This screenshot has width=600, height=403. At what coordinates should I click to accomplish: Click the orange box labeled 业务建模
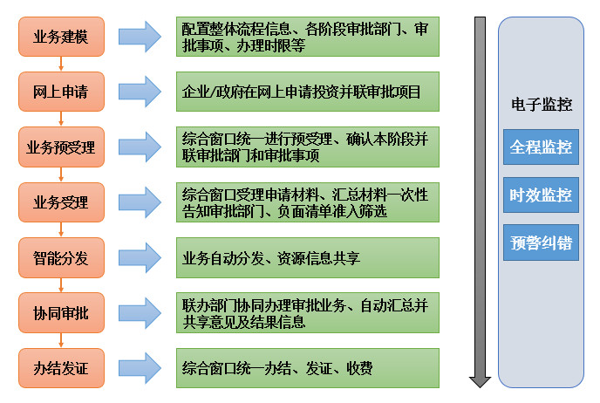[x=61, y=37]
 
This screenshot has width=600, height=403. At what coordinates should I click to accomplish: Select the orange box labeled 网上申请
[x=61, y=90]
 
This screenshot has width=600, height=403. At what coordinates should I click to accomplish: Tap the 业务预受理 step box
[x=61, y=146]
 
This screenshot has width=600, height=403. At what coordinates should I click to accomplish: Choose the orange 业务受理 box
[x=61, y=202]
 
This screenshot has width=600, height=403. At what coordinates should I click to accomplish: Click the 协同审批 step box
[x=61, y=311]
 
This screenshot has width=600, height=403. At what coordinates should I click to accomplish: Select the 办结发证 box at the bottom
[x=61, y=367]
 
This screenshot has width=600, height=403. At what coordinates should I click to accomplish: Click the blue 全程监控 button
[x=541, y=146]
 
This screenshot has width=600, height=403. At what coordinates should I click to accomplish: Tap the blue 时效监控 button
[x=541, y=195]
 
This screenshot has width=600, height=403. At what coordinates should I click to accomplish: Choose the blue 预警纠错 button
[x=541, y=242]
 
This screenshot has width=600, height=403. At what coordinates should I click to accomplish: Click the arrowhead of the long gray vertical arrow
[x=480, y=380]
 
